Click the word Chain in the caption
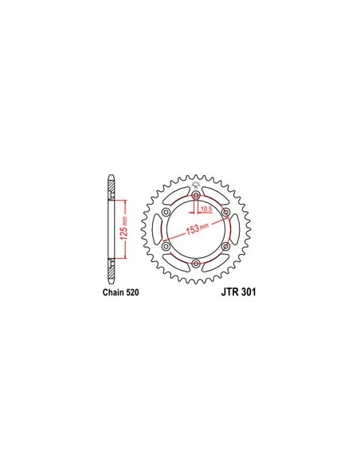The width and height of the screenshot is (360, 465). (x=113, y=292)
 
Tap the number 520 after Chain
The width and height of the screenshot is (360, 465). (x=132, y=292)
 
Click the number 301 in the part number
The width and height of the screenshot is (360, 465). (x=248, y=292)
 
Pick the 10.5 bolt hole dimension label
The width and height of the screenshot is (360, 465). (x=206, y=209)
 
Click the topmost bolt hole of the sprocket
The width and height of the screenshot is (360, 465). (x=196, y=195)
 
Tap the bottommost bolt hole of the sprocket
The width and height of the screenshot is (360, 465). (x=196, y=263)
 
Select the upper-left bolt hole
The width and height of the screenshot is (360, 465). (x=166, y=212)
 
